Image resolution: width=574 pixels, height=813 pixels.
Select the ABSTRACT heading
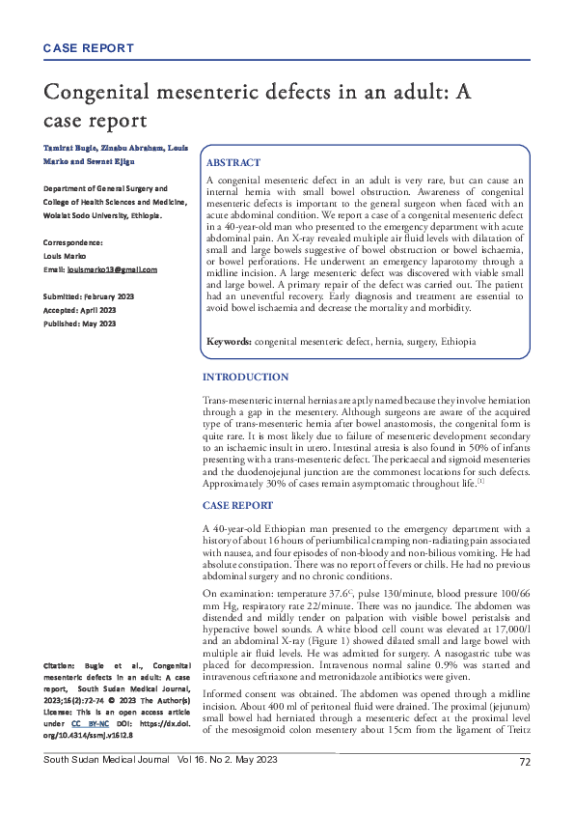(x=234, y=164)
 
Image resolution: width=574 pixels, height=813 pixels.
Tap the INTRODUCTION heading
(x=245, y=377)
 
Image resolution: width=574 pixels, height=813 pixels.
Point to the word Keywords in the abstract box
(x=230, y=342)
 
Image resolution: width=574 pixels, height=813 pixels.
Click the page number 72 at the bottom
(x=525, y=789)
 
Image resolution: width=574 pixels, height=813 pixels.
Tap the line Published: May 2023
(x=80, y=323)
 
